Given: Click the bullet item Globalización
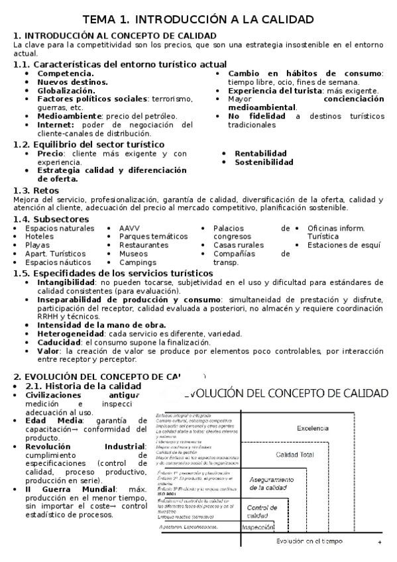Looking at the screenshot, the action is [x=66, y=90].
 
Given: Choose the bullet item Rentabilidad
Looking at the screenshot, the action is [x=260, y=153].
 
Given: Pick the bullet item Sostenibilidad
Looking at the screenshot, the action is [x=264, y=162].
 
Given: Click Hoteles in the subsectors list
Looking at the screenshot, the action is [x=40, y=237].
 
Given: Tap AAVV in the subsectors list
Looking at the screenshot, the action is [x=129, y=228].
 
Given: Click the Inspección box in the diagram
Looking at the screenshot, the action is [x=258, y=528].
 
